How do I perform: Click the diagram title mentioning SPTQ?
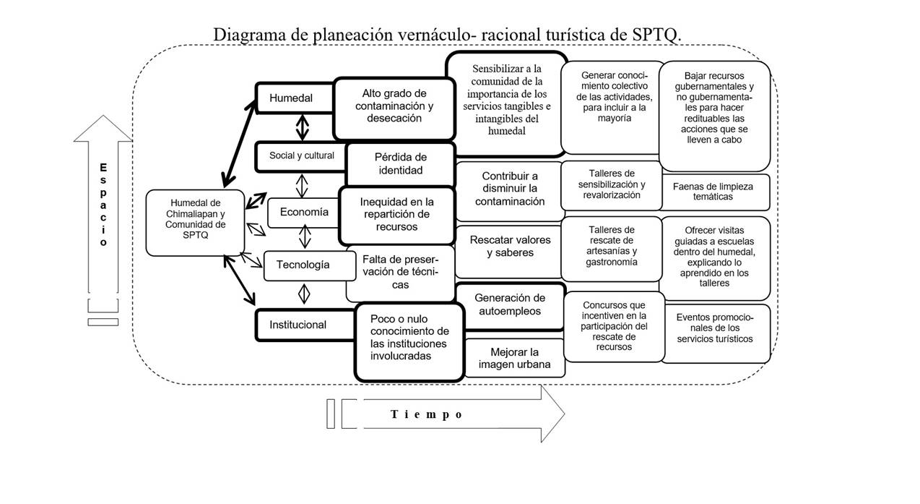(x=447, y=35)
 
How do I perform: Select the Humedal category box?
(x=291, y=98)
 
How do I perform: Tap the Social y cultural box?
(x=301, y=155)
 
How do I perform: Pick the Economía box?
(x=304, y=212)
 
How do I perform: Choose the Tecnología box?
(x=303, y=265)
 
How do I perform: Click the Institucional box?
(x=298, y=325)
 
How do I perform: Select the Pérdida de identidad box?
(x=400, y=163)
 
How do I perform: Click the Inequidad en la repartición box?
(x=396, y=215)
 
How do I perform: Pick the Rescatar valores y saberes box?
(x=510, y=247)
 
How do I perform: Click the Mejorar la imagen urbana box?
(x=514, y=358)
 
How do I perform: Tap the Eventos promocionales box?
(x=714, y=328)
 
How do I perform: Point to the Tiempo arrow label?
(x=426, y=414)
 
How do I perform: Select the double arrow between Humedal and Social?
(x=302, y=129)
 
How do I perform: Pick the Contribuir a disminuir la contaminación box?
(x=510, y=189)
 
